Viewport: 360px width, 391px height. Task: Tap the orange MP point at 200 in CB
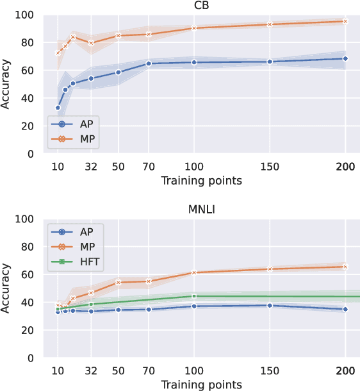point(345,21)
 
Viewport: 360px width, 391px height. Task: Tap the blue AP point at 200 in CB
point(345,58)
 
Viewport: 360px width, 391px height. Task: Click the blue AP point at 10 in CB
point(58,108)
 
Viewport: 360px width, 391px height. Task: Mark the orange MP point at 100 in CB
point(193,28)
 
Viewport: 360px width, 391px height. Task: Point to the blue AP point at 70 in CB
point(149,63)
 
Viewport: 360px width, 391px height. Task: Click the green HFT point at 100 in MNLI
point(193,296)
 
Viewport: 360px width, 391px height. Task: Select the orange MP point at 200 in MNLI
point(345,267)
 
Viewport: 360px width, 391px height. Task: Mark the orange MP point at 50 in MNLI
point(119,282)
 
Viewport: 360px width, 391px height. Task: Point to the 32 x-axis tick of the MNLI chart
point(91,370)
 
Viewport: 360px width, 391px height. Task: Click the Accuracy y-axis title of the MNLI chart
point(6,287)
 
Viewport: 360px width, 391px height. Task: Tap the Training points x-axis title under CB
point(201,181)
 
